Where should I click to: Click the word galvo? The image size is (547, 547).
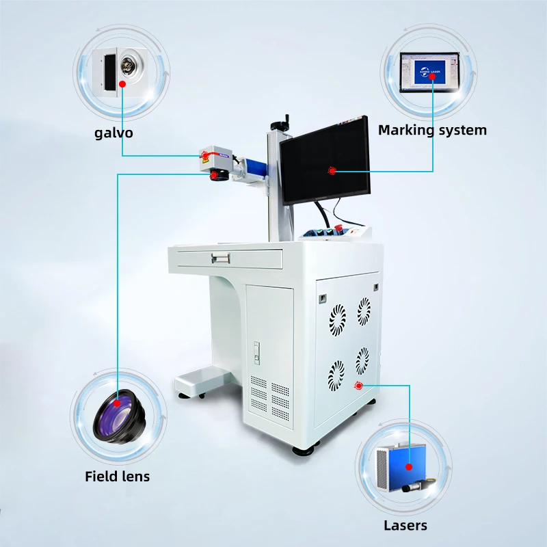tap(114, 133)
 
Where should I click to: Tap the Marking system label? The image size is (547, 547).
tap(432, 130)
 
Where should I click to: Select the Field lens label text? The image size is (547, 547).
tap(117, 477)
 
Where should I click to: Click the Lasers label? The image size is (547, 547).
tap(405, 525)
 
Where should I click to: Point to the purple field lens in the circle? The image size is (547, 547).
tap(119, 417)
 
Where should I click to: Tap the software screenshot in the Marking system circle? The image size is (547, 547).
tap(429, 72)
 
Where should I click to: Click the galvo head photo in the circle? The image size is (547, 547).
tap(120, 72)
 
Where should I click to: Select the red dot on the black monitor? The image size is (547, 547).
tap(332, 170)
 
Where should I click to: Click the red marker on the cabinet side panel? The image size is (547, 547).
tap(358, 386)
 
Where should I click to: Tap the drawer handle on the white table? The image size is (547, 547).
tap(220, 258)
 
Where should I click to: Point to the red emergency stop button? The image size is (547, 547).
tap(338, 228)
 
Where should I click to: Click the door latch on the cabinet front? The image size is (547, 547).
tap(257, 353)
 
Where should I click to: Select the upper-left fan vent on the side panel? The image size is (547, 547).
tap(337, 320)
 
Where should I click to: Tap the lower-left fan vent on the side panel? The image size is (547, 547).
tap(336, 375)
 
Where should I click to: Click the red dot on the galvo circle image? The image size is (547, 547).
tap(122, 84)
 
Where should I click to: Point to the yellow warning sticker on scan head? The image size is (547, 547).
tap(202, 159)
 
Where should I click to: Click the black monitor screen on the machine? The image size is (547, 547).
tap(325, 160)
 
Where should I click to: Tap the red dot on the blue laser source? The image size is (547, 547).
tap(409, 467)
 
